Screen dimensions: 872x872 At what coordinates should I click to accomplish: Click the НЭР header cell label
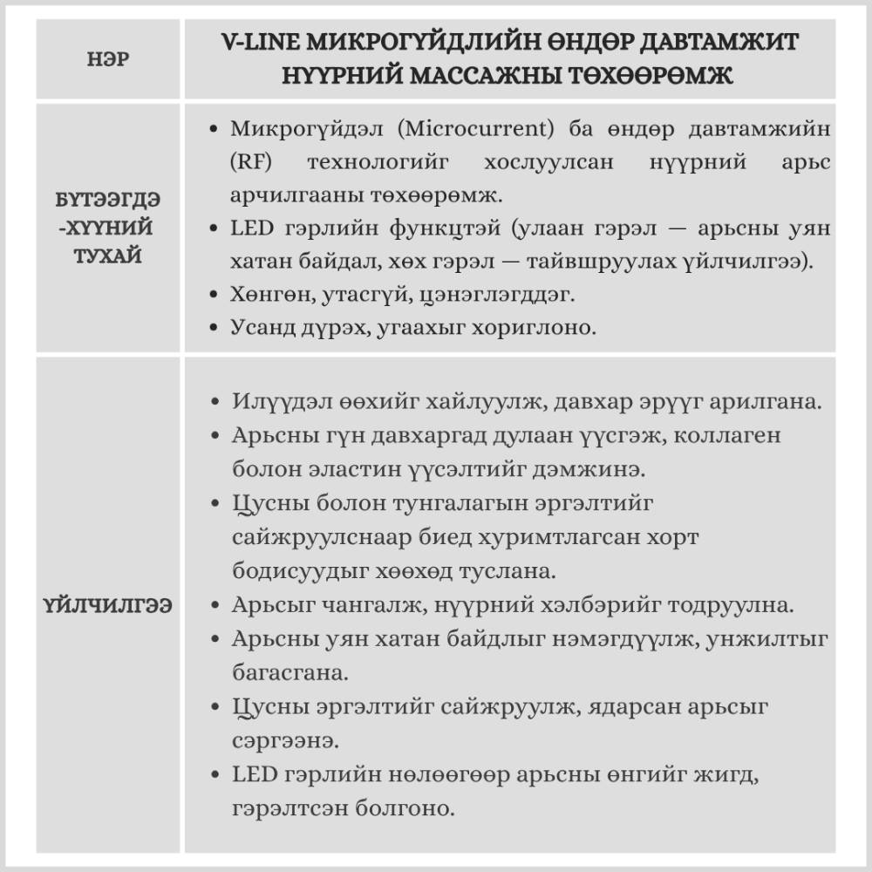tap(109, 61)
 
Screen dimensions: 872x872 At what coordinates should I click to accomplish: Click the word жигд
tap(741, 774)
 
